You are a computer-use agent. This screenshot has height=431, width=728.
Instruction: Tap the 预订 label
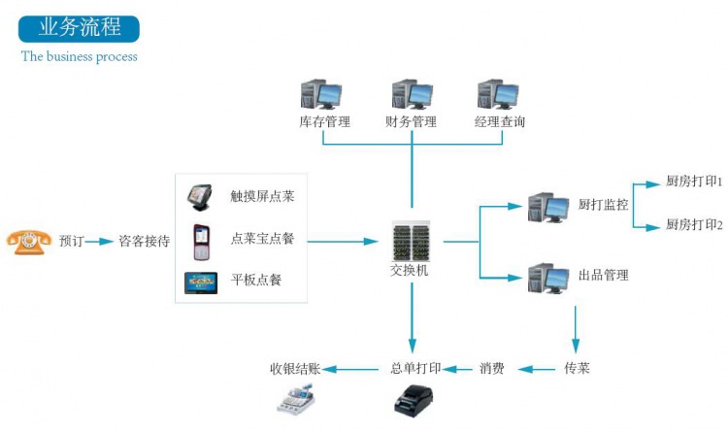pos(72,241)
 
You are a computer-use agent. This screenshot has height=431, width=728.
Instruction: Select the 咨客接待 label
pos(144,241)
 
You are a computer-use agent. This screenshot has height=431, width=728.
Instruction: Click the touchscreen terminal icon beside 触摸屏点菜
pos(200,197)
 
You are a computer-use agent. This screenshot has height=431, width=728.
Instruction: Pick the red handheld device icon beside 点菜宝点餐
pos(201,240)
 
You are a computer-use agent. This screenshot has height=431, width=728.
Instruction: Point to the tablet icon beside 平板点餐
pos(201,282)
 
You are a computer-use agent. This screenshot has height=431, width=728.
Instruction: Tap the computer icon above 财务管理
pos(411,94)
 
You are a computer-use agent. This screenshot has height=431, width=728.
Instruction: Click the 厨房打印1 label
pos(694,182)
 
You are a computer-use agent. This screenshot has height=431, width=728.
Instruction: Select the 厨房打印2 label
pos(694,225)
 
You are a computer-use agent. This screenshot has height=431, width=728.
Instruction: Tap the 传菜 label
pos(577,369)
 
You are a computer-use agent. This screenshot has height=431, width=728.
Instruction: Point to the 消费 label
pos(491,369)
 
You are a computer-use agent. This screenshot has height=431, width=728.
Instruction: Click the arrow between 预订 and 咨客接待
pos(99,241)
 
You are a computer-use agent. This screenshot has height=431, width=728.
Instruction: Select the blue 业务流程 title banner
pos(81,27)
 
